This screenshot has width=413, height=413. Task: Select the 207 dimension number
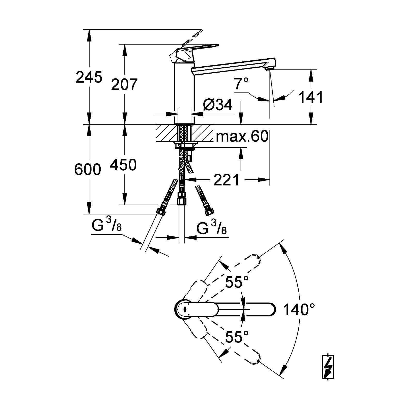(124, 84)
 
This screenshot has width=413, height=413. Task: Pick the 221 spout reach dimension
(227, 180)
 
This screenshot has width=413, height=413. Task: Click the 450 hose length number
(123, 165)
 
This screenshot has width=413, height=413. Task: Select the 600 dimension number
(88, 170)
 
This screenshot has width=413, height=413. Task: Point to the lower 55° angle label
(237, 337)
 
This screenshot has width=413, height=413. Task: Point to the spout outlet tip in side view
(269, 68)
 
